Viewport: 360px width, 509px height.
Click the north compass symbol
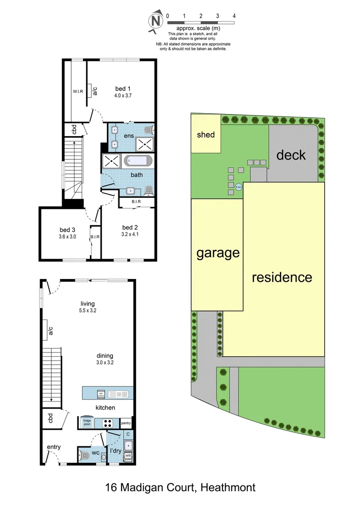(x=155, y=21)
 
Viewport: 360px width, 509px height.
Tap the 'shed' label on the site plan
(x=206, y=135)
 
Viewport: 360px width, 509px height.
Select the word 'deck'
(x=291, y=155)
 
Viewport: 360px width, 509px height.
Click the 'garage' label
(x=218, y=253)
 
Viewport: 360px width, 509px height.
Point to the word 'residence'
(x=282, y=277)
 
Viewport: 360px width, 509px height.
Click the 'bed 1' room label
(x=123, y=88)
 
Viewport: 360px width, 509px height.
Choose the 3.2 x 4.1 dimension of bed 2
(x=130, y=234)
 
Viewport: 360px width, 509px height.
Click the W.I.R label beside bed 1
(x=78, y=91)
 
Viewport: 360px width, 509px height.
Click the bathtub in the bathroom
(x=139, y=161)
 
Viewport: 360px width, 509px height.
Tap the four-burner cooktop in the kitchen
(x=108, y=423)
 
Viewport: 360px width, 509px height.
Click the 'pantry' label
(x=126, y=423)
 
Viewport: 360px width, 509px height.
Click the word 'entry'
(x=54, y=447)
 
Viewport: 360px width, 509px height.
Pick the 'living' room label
(x=88, y=303)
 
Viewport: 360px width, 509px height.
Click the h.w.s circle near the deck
(x=238, y=187)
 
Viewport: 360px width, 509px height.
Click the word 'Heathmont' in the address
(x=228, y=487)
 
